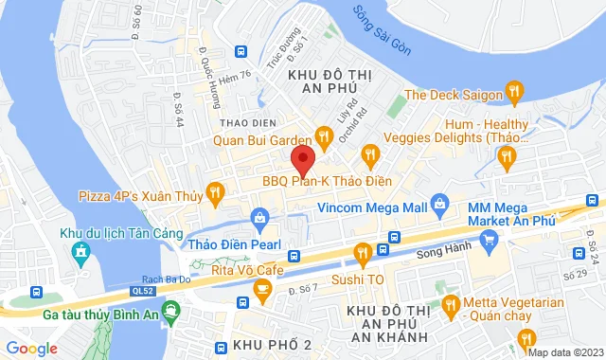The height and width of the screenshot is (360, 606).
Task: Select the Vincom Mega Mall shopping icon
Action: point(439,203)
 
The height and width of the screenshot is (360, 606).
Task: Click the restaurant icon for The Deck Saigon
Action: point(514,92)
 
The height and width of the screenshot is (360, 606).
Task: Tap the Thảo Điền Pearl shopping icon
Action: point(259,219)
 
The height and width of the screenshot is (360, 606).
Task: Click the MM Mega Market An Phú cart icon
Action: point(489,240)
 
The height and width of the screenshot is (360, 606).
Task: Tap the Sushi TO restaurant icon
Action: point(362,252)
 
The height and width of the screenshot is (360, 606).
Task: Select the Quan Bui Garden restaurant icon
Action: point(323,139)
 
